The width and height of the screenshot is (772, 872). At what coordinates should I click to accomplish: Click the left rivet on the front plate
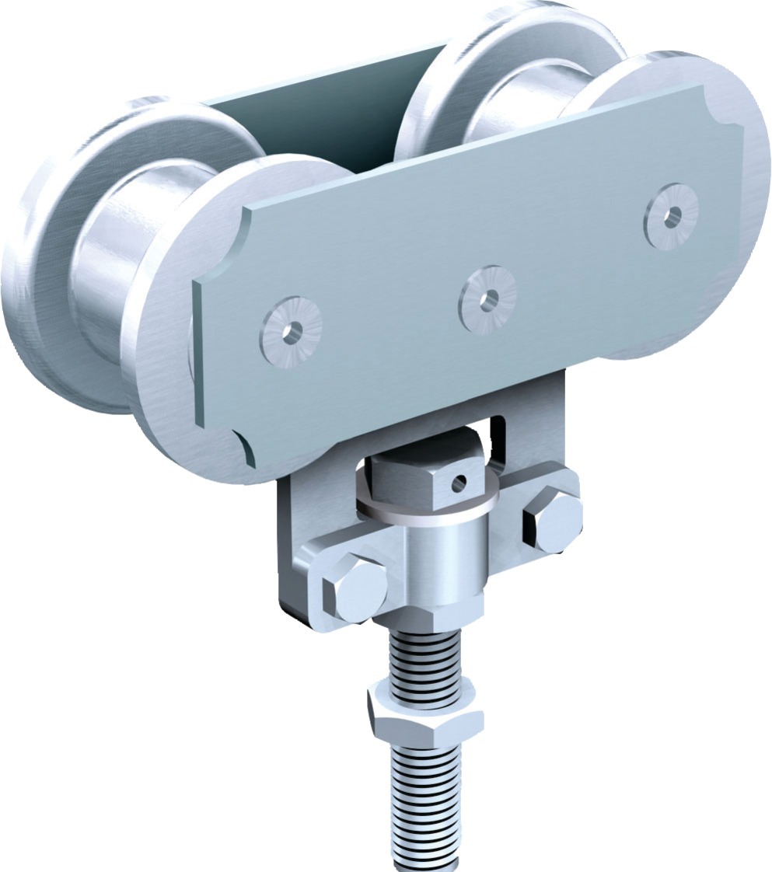[292, 331]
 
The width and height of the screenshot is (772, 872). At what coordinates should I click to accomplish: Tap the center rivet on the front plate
[487, 299]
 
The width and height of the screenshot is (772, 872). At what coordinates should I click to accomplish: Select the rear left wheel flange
[47, 256]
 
